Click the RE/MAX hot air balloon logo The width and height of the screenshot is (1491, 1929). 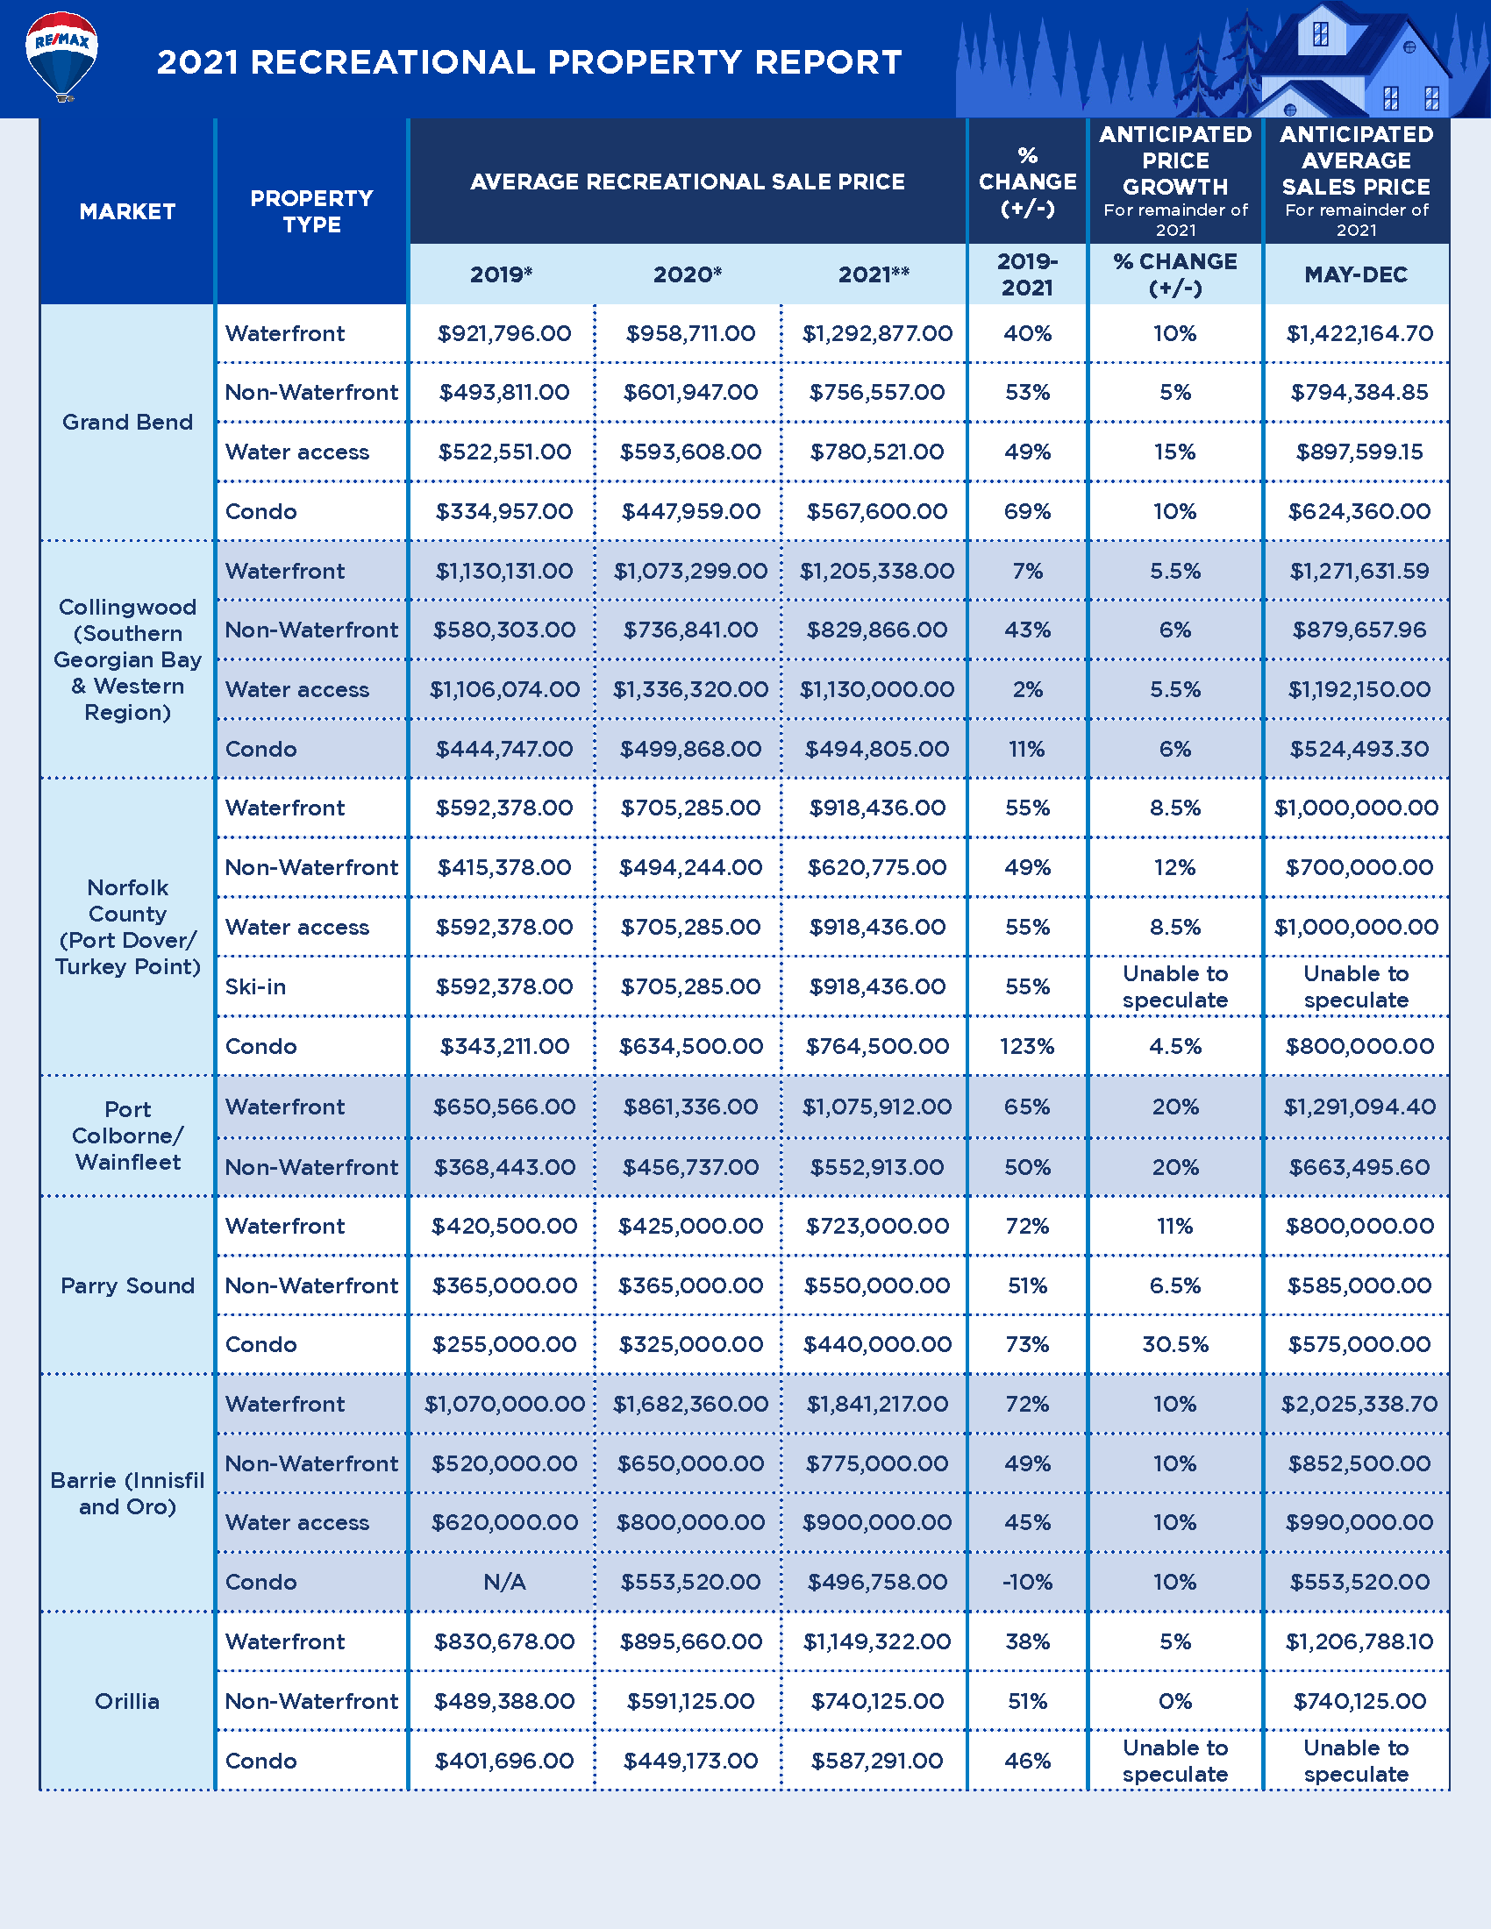61,54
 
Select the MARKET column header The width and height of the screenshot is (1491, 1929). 127,212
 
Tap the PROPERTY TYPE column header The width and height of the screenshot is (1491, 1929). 311,212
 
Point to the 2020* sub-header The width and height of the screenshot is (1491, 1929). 688,274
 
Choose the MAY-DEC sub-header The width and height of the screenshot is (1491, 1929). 1356,274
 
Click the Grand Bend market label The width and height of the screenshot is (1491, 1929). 127,423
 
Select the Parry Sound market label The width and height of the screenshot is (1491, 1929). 127,1286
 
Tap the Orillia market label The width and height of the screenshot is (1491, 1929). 127,1701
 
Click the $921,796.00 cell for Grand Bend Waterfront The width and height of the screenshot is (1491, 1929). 504,334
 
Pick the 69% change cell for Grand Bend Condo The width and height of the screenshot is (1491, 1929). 1027,511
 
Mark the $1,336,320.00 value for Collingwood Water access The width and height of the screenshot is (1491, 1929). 691,690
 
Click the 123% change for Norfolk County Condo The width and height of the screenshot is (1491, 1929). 1027,1047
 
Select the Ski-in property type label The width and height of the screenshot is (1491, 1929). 256,986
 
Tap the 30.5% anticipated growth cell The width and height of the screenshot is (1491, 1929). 1174,1345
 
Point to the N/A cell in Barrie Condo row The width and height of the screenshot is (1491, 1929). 504,1582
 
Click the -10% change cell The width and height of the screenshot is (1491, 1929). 1027,1582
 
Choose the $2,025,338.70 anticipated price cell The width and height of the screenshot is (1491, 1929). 1359,1405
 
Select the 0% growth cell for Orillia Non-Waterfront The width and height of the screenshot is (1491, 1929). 1174,1701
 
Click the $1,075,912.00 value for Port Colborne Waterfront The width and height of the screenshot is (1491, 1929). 877,1107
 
